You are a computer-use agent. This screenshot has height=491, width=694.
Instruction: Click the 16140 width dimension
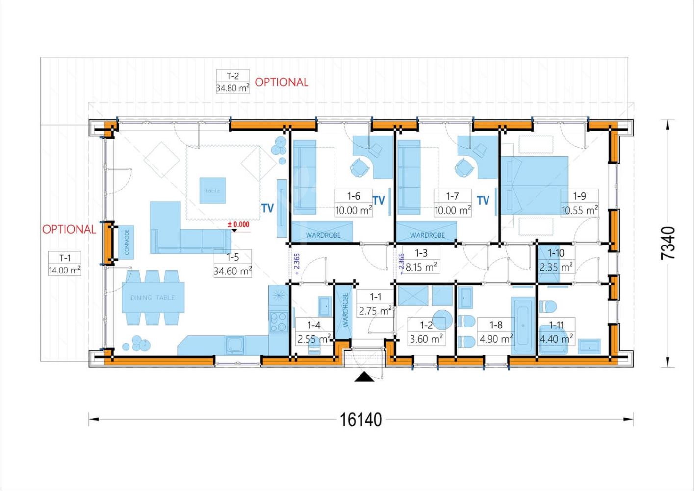pyautogui.click(x=360, y=420)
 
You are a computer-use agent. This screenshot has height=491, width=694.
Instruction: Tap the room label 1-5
pyautogui.click(x=232, y=257)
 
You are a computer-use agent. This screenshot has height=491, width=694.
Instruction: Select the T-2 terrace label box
pyautogui.click(x=232, y=82)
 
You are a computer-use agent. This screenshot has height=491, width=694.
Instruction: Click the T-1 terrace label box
pyautogui.click(x=65, y=264)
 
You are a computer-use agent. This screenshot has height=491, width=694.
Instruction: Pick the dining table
pyautogui.click(x=153, y=298)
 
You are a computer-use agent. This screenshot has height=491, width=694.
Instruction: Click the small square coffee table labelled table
pyautogui.click(x=212, y=191)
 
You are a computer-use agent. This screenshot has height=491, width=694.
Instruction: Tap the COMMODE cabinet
pyautogui.click(x=126, y=242)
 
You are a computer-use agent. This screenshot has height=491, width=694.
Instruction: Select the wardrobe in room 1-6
pyautogui.click(x=322, y=232)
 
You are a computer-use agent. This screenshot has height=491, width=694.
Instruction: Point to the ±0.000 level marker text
pyautogui.click(x=238, y=224)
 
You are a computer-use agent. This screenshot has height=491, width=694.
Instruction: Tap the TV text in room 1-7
pyautogui.click(x=483, y=201)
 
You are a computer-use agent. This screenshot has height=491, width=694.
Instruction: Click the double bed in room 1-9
pyautogui.click(x=535, y=186)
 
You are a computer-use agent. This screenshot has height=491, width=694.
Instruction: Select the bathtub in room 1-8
pyautogui.click(x=523, y=325)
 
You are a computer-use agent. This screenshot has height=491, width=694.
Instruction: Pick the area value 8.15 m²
pyautogui.click(x=421, y=267)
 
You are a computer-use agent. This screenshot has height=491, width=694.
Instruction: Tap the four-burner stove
pyautogui.click(x=278, y=322)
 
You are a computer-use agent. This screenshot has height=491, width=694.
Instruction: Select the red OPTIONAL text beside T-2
pyautogui.click(x=282, y=82)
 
